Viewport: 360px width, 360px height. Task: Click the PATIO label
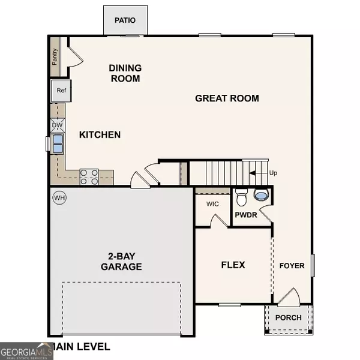pyautogui.click(x=125, y=20)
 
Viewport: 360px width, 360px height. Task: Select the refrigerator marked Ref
pyautogui.click(x=61, y=91)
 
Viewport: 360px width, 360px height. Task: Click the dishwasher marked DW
pyautogui.click(x=57, y=125)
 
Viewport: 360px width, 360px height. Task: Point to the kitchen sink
pyautogui.click(x=58, y=144)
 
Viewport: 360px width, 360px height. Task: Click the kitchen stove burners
pyautogui.click(x=89, y=176)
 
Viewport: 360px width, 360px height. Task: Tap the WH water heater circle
pyautogui.click(x=59, y=197)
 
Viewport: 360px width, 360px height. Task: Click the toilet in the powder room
pyautogui.click(x=242, y=197)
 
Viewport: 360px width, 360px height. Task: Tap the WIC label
pyautogui.click(x=212, y=204)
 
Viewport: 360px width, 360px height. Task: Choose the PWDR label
pyautogui.click(x=246, y=214)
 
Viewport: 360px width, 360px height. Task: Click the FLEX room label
pyautogui.click(x=233, y=265)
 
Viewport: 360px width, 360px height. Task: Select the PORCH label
pyautogui.click(x=289, y=317)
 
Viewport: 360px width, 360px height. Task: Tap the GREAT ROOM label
pyautogui.click(x=227, y=98)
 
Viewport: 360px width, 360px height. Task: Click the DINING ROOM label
pyautogui.click(x=125, y=73)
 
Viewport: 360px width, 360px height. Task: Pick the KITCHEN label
pyautogui.click(x=100, y=135)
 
